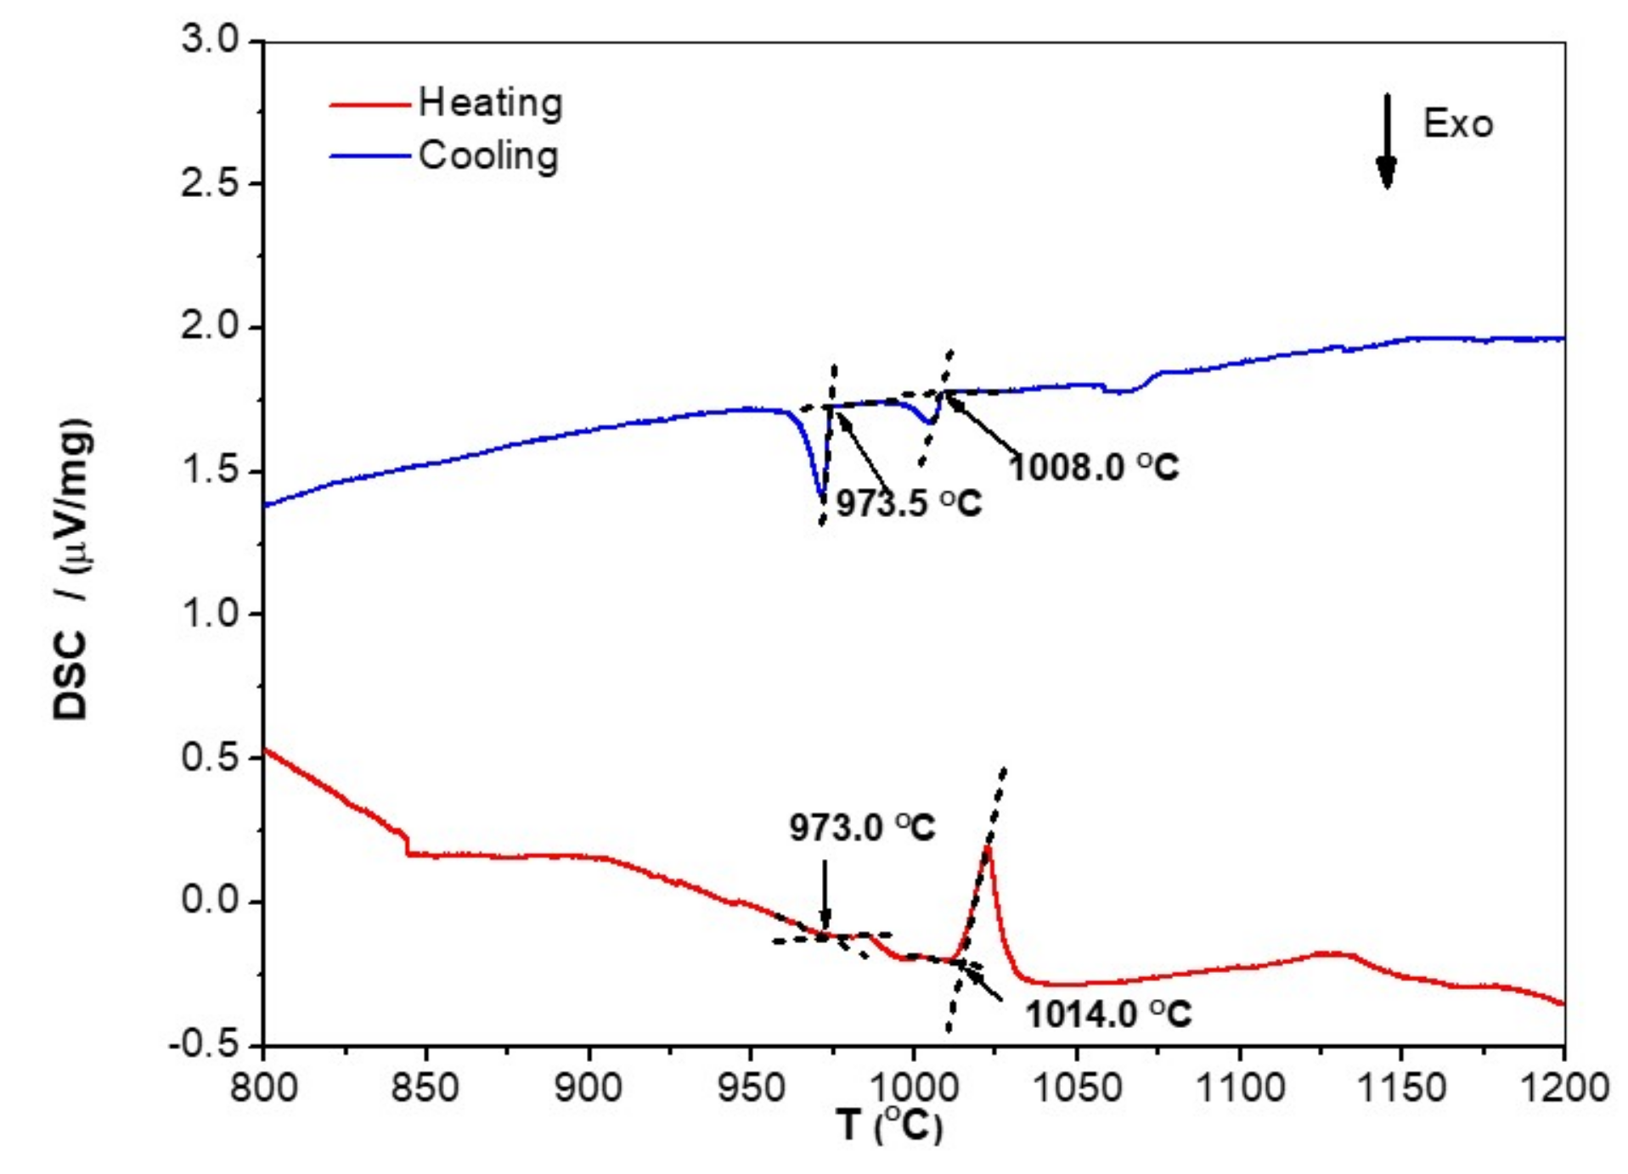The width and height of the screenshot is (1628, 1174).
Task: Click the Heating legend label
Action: (490, 104)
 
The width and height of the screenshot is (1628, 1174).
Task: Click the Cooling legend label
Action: (488, 156)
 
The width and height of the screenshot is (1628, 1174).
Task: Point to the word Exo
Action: (1457, 125)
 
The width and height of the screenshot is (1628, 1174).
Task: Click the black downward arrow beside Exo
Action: (1386, 141)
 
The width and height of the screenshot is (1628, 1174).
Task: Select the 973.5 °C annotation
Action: (909, 504)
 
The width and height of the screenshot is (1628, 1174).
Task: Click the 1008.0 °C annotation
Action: (1094, 467)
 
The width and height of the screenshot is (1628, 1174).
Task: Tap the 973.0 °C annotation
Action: (862, 828)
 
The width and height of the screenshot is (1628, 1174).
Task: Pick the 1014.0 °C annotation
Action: (1108, 1014)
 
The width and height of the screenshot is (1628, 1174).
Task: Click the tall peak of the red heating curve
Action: (988, 847)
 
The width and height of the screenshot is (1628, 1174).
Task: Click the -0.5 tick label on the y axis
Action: (205, 1044)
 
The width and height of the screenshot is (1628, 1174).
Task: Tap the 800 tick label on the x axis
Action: (264, 1087)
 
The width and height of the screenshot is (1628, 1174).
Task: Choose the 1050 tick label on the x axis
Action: (1077, 1087)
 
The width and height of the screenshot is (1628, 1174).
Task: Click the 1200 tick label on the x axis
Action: (1563, 1087)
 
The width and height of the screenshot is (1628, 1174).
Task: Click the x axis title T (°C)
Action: (889, 1126)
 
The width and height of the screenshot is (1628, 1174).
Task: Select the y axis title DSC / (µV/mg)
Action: (73, 569)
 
